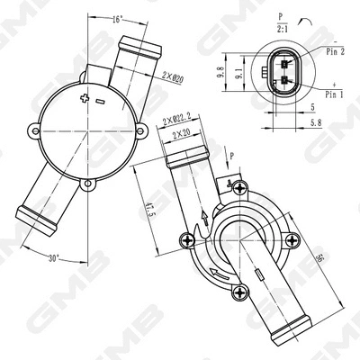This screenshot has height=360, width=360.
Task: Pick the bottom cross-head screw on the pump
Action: (239, 291)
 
